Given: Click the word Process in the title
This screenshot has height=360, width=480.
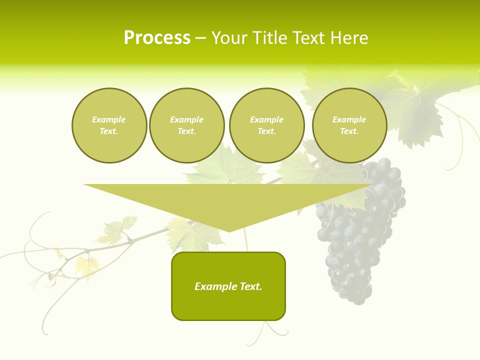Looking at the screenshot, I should (x=157, y=38).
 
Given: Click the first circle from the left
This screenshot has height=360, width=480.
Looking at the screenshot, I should (x=109, y=125).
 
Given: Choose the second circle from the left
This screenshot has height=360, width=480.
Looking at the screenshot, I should (x=187, y=125).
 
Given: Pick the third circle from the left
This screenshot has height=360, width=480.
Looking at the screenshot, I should (x=267, y=125).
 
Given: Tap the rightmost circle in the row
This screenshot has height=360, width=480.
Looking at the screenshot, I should (x=349, y=125).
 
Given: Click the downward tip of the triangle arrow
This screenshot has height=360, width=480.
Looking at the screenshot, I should (x=229, y=230).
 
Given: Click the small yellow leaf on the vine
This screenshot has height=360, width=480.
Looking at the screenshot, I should (x=87, y=265).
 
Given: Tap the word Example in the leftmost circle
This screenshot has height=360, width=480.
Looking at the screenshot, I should (x=109, y=119).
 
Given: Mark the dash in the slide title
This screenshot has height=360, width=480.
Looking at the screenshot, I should (x=201, y=38).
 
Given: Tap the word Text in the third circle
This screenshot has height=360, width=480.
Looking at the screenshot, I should (x=266, y=131).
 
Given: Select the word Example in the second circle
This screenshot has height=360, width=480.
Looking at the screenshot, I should (x=187, y=119).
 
